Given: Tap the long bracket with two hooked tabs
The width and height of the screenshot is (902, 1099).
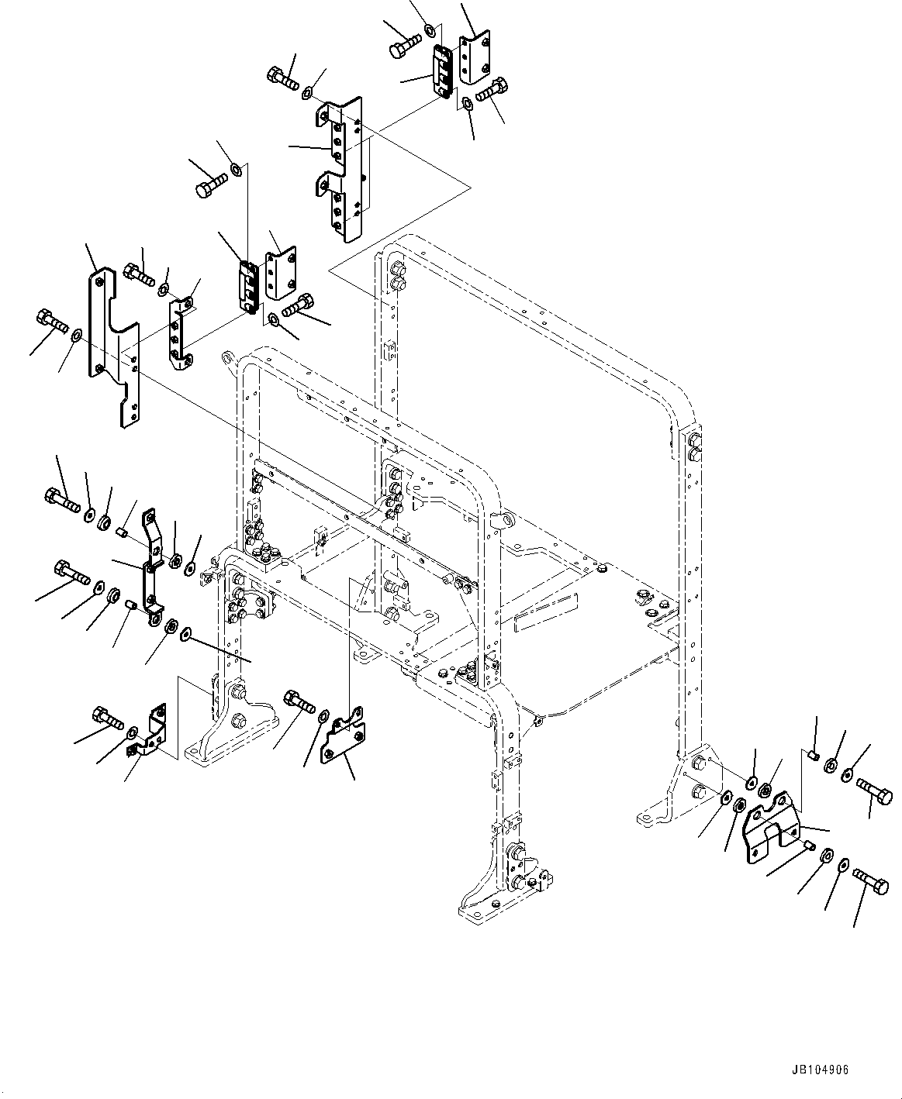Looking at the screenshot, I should coord(342,167).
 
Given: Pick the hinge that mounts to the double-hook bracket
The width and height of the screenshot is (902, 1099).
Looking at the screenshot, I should coord(442,71).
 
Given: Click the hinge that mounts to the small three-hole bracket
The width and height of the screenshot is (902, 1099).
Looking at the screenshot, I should coord(247,288).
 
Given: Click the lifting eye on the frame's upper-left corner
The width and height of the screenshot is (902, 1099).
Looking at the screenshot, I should coord(228,358).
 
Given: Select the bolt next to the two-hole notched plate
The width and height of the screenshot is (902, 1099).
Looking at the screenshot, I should coord(299,699).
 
